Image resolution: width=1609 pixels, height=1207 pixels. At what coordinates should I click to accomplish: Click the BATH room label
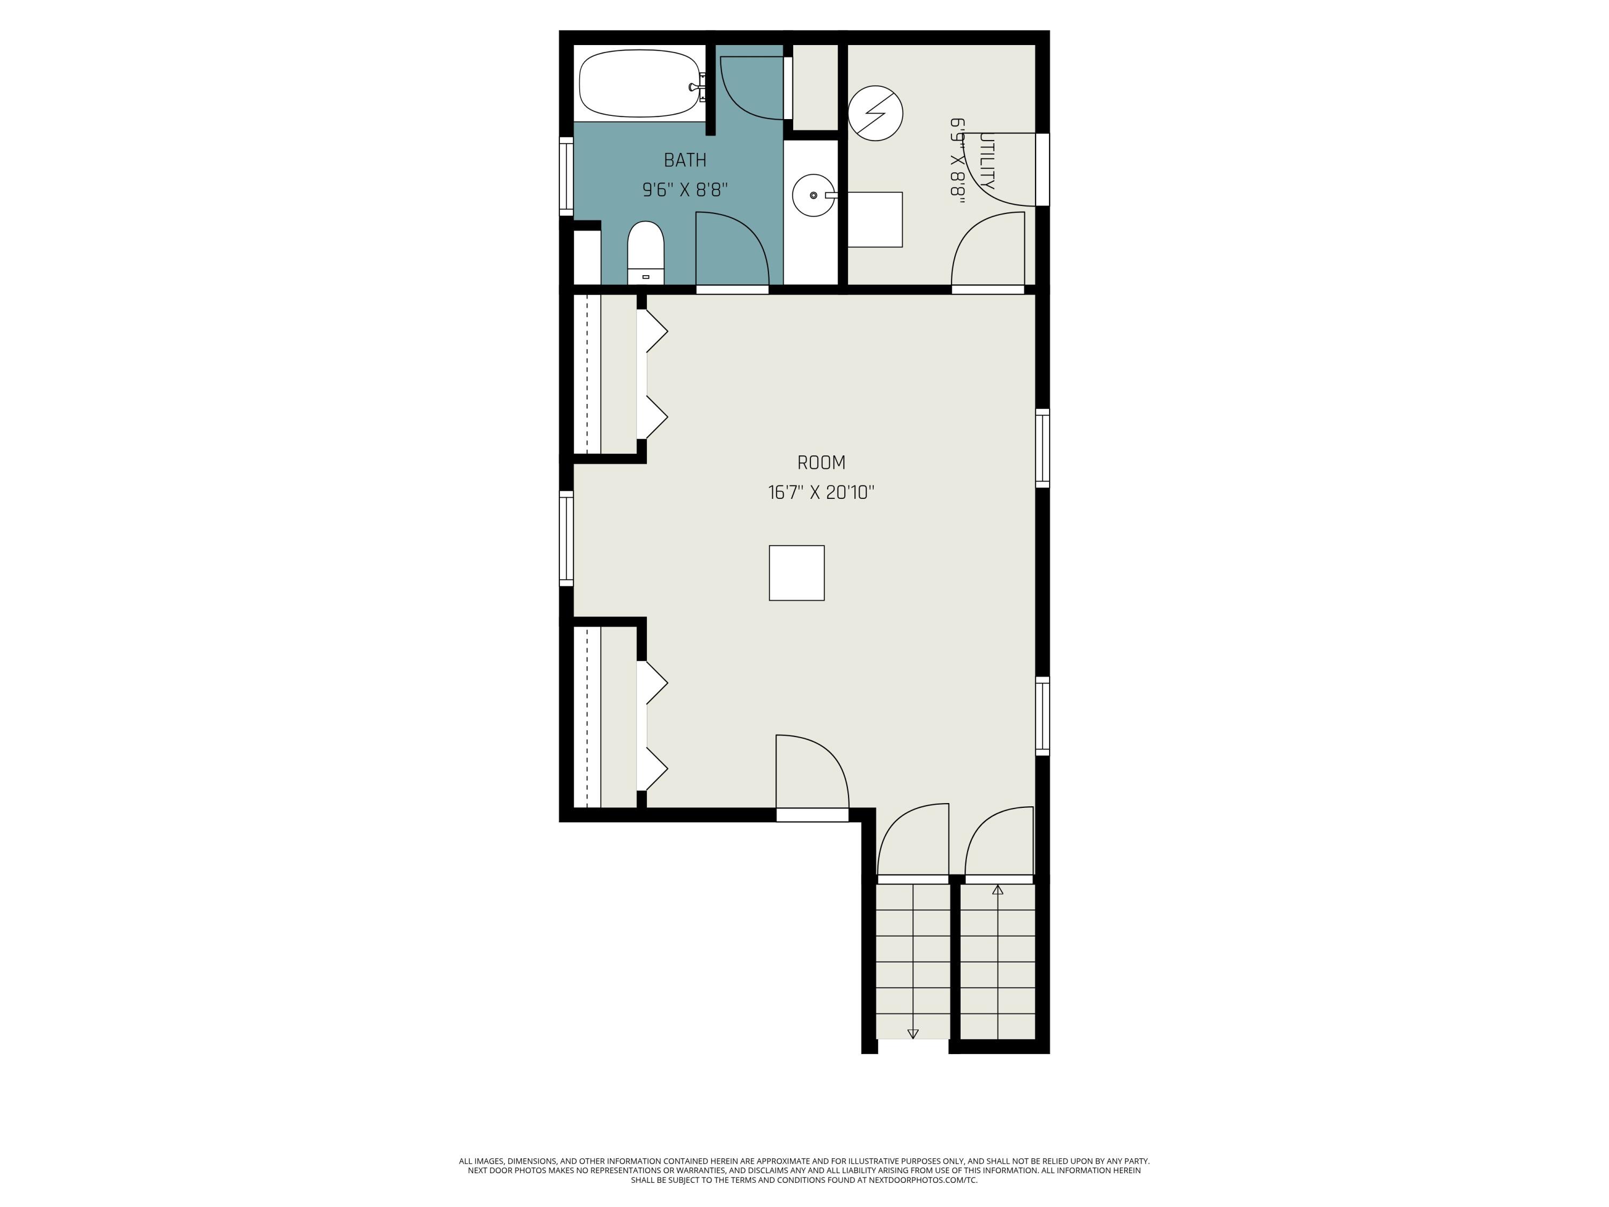click(x=684, y=160)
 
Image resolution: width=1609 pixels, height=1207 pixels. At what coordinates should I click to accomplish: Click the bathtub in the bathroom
click(x=639, y=83)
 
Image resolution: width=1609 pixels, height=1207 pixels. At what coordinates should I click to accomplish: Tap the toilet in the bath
click(x=645, y=253)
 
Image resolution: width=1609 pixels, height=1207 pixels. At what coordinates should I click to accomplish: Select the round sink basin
click(x=813, y=195)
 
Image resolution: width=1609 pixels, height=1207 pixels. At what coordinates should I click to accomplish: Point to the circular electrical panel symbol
click(x=875, y=114)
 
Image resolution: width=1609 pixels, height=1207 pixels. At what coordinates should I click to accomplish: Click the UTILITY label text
click(x=986, y=161)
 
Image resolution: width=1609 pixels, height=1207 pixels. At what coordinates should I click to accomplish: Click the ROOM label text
click(x=821, y=463)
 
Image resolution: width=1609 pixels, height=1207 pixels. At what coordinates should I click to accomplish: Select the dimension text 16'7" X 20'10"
click(x=821, y=492)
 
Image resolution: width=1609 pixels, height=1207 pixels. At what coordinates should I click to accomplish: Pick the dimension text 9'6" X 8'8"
click(x=684, y=190)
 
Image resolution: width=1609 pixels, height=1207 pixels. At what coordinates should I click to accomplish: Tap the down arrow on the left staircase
click(x=913, y=1033)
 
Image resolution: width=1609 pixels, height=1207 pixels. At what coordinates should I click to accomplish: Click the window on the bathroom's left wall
click(x=566, y=176)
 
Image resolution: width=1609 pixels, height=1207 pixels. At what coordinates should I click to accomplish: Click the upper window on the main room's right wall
click(x=1042, y=447)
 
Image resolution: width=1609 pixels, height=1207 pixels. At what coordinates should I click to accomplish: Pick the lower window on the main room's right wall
click(x=1042, y=716)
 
